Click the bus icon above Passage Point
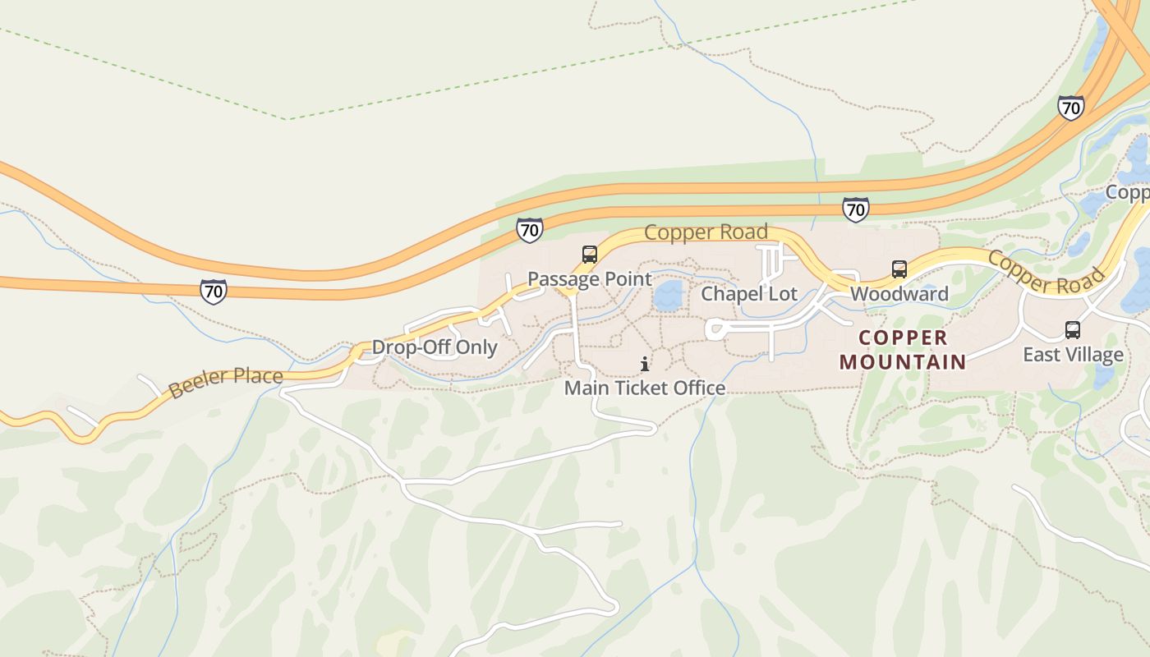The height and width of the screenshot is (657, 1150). (x=590, y=255)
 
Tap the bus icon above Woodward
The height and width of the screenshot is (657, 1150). (x=899, y=269)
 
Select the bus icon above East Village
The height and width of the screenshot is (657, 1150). (x=1073, y=330)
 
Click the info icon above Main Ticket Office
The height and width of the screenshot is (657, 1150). (x=645, y=364)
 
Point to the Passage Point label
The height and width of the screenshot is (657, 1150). (x=590, y=279)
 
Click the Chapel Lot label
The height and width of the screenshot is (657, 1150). (x=749, y=294)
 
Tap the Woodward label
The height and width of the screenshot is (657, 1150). (x=899, y=294)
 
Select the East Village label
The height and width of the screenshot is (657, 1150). (x=1073, y=355)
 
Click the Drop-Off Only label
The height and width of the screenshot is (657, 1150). (x=435, y=347)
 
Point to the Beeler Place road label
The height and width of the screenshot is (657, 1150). (x=226, y=383)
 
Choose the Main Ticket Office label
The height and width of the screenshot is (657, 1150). (x=645, y=388)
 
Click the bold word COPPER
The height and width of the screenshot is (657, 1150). (x=904, y=338)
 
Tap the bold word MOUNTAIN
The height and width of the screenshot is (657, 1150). (x=903, y=361)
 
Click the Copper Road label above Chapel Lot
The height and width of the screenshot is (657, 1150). (x=706, y=232)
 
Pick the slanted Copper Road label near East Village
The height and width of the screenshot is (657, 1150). (x=1046, y=273)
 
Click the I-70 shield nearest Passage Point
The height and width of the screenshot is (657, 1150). (x=530, y=230)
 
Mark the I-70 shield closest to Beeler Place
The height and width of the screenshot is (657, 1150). (x=214, y=291)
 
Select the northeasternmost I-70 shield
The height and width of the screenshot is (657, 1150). (x=1070, y=108)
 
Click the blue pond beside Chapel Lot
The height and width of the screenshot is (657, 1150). (x=669, y=296)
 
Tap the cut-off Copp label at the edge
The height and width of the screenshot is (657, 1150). (x=1127, y=192)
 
